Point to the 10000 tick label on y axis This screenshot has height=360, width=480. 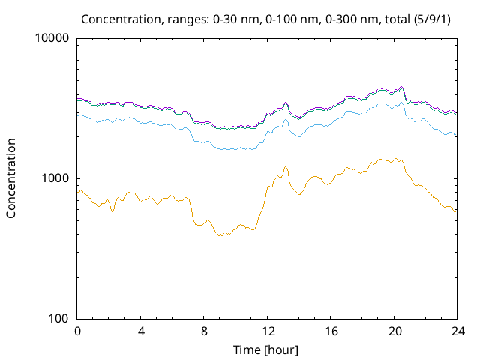coord(52,39)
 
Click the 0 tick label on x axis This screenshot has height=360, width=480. coord(77,331)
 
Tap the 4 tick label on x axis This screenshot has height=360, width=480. coord(140,331)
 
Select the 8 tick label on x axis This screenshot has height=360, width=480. coord(203,331)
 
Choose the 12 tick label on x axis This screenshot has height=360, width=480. coord(266,331)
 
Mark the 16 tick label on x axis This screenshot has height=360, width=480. coord(329,331)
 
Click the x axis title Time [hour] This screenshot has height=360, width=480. coord(266,349)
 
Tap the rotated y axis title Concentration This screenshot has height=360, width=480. coord(11,178)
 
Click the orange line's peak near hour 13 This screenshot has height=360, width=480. coord(286,167)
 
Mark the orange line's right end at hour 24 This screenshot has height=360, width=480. coord(455,211)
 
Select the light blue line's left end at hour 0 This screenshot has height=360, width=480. coord(77,114)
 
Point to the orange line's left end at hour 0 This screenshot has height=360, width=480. coord(77,193)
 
